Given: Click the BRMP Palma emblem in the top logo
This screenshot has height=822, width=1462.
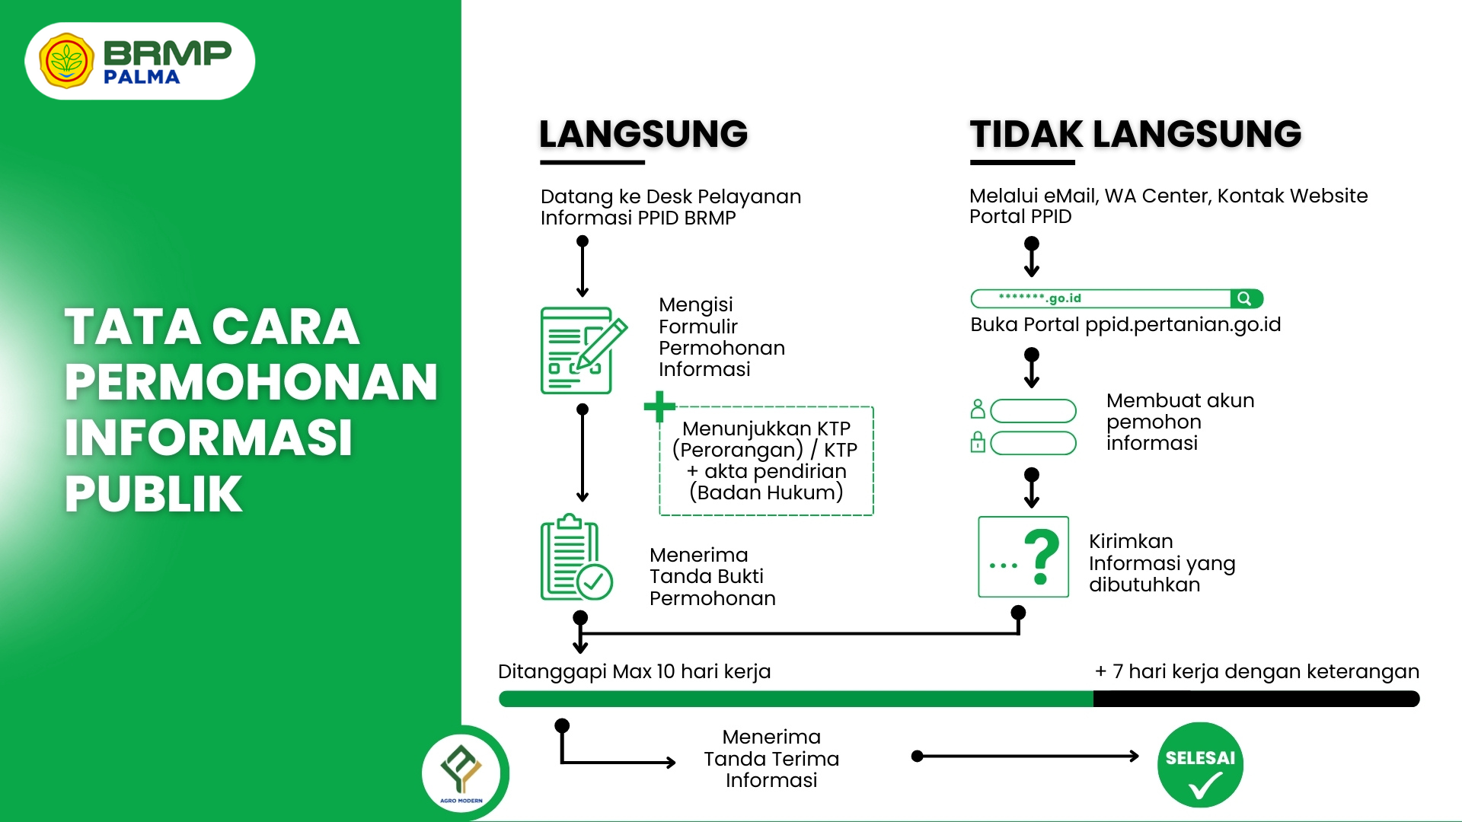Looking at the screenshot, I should tap(66, 61).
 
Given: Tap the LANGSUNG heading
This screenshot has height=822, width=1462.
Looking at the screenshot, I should tap(643, 135).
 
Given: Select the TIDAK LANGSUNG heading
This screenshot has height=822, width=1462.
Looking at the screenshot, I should tap(1135, 135).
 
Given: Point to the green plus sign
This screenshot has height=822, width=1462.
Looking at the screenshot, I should tap(659, 406).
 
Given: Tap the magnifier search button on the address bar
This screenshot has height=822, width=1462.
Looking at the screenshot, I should tap(1245, 298).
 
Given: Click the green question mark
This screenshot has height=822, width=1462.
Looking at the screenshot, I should tap(1042, 556).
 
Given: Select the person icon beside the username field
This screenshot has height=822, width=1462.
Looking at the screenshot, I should tap(978, 409).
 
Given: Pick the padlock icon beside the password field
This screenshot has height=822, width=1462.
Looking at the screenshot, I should tap(978, 442).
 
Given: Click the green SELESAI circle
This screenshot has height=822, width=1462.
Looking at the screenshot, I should tap(1200, 764).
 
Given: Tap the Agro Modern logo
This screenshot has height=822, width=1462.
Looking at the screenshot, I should tap(461, 772).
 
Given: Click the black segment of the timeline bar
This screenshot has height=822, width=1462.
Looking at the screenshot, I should tap(1256, 699).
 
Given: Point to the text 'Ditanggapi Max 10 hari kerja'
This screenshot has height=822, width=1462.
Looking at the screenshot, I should tap(634, 671).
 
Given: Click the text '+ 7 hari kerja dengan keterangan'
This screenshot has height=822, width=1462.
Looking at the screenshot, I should tap(1256, 671).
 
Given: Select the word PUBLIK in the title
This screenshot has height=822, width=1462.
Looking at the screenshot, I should tap(154, 494).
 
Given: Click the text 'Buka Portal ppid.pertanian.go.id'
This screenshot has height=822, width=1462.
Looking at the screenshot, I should tap(1125, 325).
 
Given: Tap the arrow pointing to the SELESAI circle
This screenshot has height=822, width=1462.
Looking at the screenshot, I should tap(1028, 756).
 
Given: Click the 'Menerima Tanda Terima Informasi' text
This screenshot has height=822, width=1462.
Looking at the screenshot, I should tap(771, 759).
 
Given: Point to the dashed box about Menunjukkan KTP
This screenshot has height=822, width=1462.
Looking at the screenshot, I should tap(766, 461).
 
